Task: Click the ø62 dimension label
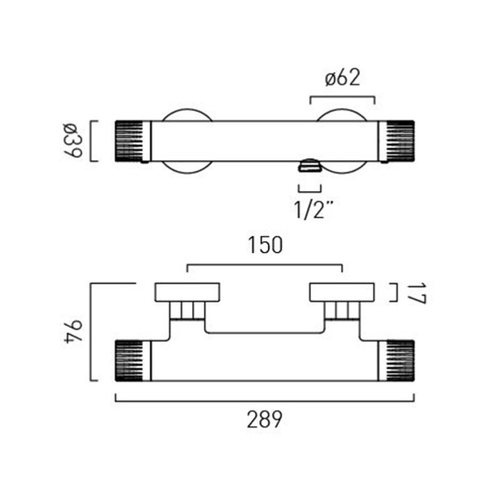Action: click(x=342, y=78)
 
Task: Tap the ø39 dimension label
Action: click(x=73, y=140)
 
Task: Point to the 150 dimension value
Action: click(x=265, y=245)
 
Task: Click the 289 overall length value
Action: click(x=264, y=419)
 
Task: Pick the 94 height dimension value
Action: click(x=73, y=332)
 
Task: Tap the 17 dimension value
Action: click(x=417, y=293)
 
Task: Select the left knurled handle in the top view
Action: click(x=129, y=141)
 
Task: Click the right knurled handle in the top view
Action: click(x=400, y=141)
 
